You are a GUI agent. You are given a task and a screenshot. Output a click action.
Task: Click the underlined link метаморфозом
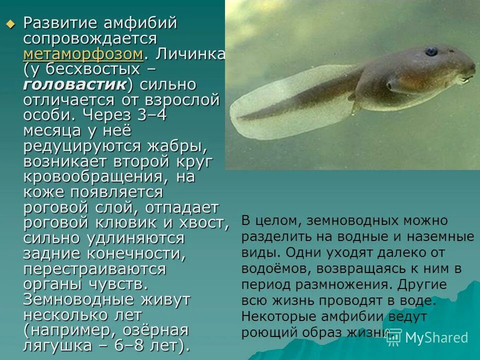tap(83, 53)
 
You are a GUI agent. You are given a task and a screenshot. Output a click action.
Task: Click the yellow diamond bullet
tap(10, 24)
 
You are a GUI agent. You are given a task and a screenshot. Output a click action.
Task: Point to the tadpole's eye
tap(430, 51)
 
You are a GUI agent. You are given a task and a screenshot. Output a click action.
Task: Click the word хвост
tap(205, 223)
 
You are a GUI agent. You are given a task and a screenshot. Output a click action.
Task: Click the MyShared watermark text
tap(436, 337)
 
